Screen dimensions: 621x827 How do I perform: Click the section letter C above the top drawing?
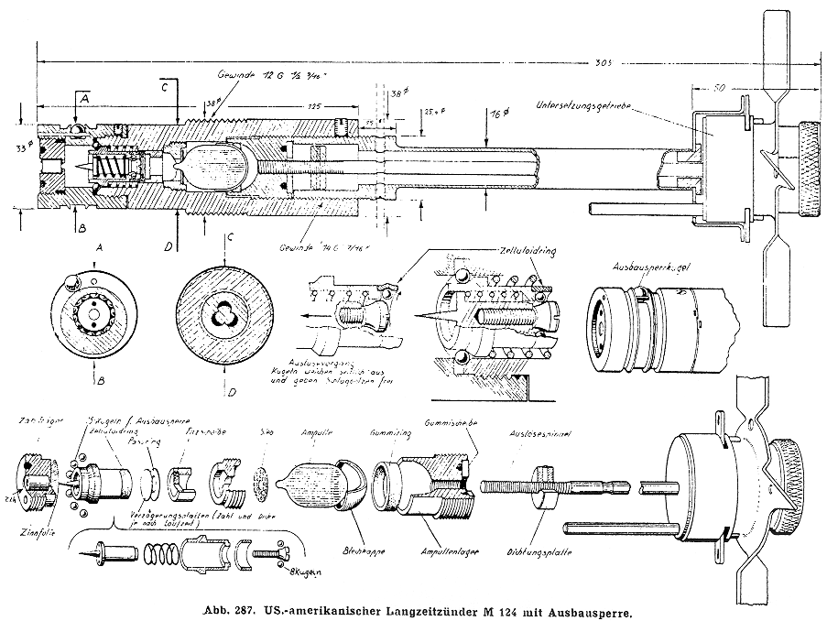[x=165, y=89]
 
